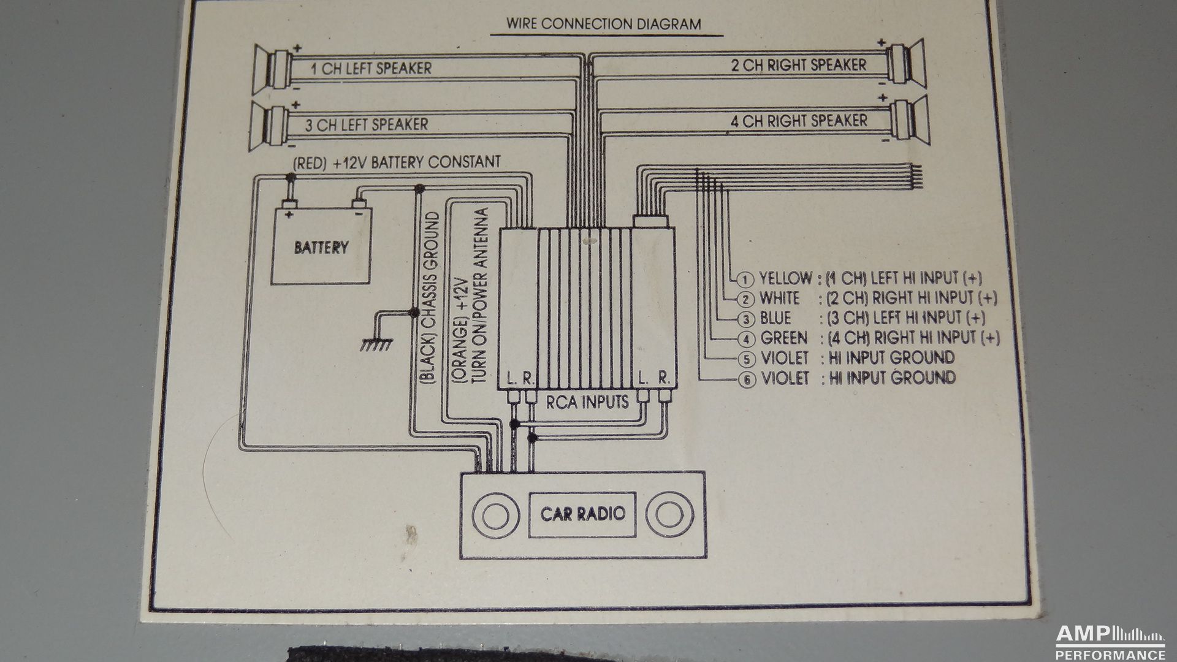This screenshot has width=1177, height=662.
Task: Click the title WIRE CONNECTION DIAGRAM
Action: (603, 24)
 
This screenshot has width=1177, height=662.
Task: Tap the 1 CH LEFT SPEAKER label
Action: (371, 68)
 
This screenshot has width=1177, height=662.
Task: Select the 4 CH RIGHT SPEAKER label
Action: (799, 121)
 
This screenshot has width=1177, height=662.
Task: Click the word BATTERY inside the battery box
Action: (321, 248)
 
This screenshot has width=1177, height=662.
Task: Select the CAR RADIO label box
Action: (582, 514)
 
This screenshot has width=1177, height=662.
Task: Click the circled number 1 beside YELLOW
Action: (745, 280)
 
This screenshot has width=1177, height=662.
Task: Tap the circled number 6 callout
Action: (746, 380)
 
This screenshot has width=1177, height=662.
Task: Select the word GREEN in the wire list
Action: (783, 338)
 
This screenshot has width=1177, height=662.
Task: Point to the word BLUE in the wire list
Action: (775, 318)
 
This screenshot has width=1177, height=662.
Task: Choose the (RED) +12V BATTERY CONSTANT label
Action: (397, 162)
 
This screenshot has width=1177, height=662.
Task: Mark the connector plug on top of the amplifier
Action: (649, 221)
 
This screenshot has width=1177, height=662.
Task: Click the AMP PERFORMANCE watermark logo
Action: (1110, 642)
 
